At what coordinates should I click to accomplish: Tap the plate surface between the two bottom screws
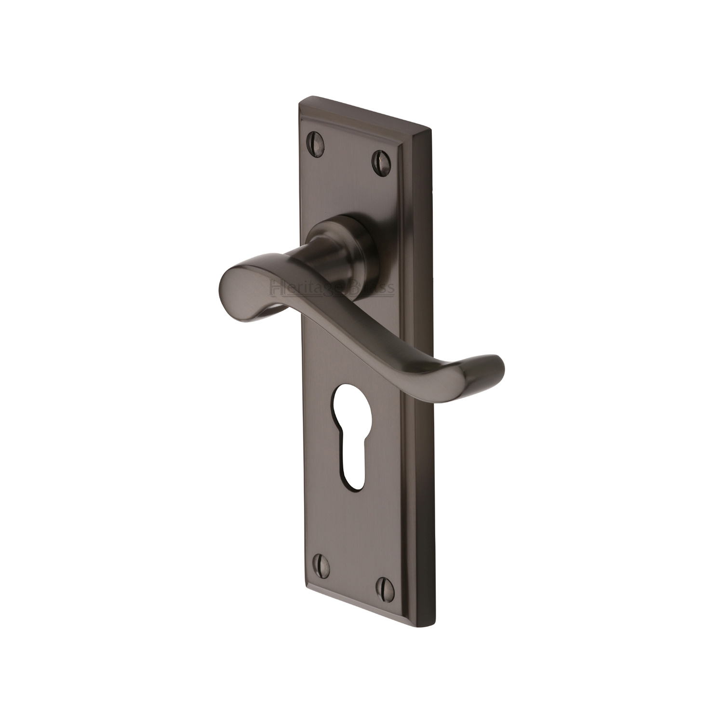point(352,573)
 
